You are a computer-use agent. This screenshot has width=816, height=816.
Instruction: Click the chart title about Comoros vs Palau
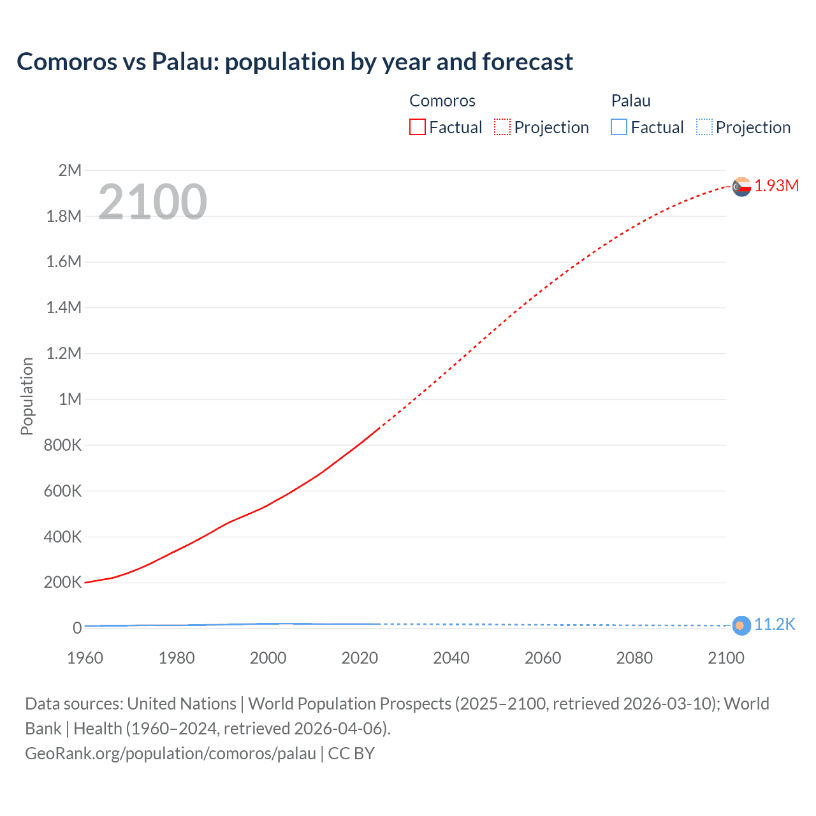click(295, 62)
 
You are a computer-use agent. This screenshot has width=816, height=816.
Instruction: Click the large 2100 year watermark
click(152, 202)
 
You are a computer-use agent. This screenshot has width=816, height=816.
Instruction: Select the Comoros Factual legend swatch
click(417, 127)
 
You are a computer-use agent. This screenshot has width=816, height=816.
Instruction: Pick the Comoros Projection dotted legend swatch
click(502, 127)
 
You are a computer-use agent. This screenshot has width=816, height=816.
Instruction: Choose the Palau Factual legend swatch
click(618, 127)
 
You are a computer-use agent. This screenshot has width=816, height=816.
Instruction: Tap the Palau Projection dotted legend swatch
click(704, 127)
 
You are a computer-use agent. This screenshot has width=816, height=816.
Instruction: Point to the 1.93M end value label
click(776, 186)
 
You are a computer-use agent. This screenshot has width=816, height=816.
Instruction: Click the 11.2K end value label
click(775, 624)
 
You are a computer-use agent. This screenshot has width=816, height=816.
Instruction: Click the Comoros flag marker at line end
click(741, 187)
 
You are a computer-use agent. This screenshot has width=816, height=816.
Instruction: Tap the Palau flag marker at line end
click(741, 625)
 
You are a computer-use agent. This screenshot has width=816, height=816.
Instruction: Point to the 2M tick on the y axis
click(69, 170)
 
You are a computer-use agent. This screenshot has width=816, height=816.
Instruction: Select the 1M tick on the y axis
click(69, 399)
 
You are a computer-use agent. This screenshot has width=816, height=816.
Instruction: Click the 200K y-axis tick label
click(62, 582)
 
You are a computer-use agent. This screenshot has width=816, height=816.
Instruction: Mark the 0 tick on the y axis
click(76, 628)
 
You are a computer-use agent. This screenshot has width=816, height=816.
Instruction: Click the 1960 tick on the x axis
click(85, 658)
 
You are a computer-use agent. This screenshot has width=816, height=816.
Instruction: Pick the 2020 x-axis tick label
click(360, 658)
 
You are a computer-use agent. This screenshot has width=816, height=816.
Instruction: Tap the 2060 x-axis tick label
click(543, 658)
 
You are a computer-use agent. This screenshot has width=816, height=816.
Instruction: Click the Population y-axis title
click(27, 396)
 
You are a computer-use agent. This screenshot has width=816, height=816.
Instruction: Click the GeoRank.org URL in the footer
click(170, 753)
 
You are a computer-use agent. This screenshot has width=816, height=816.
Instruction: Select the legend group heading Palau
click(630, 101)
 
